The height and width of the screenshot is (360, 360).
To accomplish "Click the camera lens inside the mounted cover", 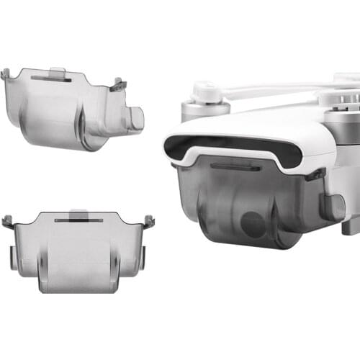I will coord(253,225).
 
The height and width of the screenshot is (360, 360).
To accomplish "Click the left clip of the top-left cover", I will coord(6,74).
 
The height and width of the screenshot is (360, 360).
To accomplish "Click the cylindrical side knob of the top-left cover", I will coord(135,118).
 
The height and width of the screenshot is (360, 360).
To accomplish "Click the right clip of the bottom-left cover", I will coord(149,221).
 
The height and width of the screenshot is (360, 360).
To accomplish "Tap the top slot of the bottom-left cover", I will coord(79,222).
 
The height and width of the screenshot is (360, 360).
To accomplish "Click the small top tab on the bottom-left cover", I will coord(79,213).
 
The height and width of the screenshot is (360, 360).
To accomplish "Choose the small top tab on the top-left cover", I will coord(58,71).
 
